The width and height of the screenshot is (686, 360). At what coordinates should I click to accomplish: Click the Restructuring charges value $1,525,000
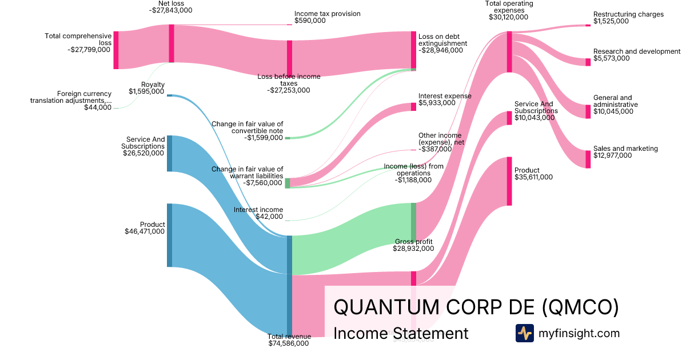pyautogui.click(x=611, y=21)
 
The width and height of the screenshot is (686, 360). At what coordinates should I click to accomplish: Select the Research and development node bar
pyautogui.click(x=588, y=62)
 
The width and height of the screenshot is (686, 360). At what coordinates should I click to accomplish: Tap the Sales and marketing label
pyautogui.click(x=625, y=149)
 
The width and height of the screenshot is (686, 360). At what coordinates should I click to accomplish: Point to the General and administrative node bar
pyautogui.click(x=588, y=111)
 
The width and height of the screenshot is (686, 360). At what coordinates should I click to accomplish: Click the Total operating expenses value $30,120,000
pyautogui.click(x=509, y=17)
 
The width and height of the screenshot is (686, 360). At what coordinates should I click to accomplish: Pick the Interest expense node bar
pyautogui.click(x=413, y=106)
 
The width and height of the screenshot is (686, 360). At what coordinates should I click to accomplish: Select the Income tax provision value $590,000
pyautogui.click(x=310, y=21)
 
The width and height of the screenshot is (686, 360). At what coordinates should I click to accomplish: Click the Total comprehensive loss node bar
pyautogui.click(x=116, y=50)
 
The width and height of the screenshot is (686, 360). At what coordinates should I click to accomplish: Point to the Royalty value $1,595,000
pyautogui.click(x=146, y=91)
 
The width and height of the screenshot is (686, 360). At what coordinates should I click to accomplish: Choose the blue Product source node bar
pyautogui.click(x=169, y=235)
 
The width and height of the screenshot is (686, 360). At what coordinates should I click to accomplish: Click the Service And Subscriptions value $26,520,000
pyautogui.click(x=143, y=153)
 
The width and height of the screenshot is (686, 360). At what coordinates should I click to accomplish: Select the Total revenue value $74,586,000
pyautogui.click(x=289, y=343)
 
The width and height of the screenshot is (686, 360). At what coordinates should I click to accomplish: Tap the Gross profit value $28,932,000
pyautogui.click(x=413, y=249)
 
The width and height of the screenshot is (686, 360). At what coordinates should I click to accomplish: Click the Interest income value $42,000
pyautogui.click(x=269, y=217)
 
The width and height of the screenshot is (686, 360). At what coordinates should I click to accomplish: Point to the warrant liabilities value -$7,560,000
pyautogui.click(x=262, y=183)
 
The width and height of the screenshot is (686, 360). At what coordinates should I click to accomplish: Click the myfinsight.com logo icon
pyautogui.click(x=524, y=333)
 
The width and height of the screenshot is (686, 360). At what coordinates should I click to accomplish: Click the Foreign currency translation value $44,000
pyautogui.click(x=98, y=107)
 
